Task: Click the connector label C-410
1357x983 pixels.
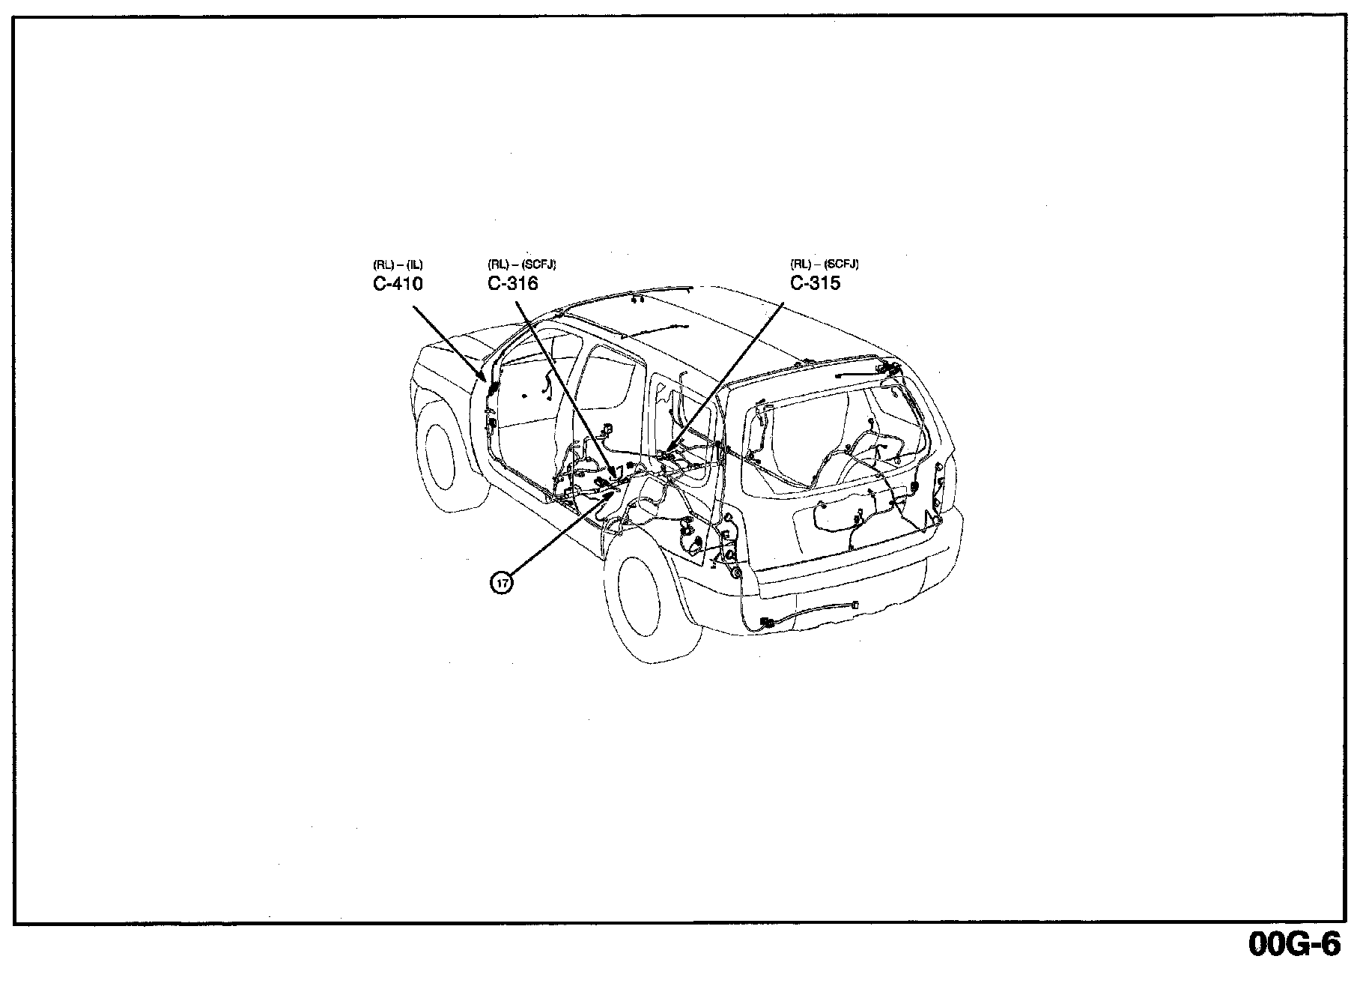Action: point(398,284)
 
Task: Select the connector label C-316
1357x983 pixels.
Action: point(512,284)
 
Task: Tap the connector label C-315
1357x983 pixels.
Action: point(815,283)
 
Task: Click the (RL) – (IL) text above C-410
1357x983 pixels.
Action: point(398,264)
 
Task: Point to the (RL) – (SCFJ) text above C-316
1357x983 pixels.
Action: point(521,264)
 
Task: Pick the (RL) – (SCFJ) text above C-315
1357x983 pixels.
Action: point(824,264)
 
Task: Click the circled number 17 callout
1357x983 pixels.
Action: point(502,581)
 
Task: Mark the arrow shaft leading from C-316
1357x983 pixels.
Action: point(562,382)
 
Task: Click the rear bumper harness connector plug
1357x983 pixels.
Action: point(767,622)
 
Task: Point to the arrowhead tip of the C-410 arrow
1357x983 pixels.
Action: point(491,383)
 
